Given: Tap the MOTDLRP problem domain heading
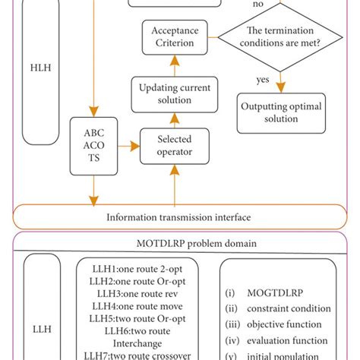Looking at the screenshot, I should [179, 245].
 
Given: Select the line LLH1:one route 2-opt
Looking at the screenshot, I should [137, 268].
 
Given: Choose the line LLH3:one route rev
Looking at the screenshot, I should [137, 294].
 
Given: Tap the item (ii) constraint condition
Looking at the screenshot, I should [277, 308].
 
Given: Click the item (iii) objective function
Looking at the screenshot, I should [277, 325].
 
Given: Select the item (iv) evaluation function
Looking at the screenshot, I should [277, 342].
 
